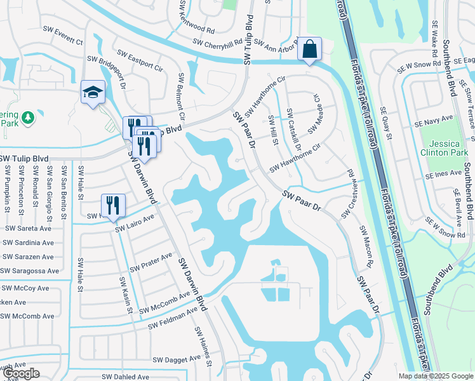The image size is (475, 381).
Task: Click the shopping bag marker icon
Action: [309, 49]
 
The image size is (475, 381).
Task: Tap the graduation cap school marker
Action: [93, 92]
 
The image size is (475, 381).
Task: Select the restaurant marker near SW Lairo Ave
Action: [113, 205]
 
